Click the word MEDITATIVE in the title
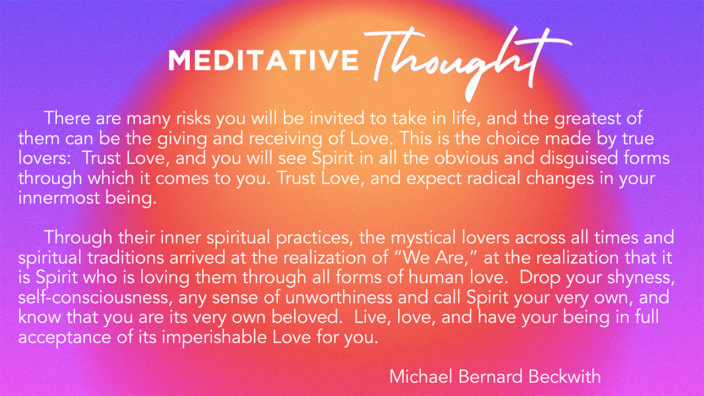click(263, 60)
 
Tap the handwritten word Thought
click(468, 63)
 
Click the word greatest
click(587, 119)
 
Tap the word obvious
click(466, 158)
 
